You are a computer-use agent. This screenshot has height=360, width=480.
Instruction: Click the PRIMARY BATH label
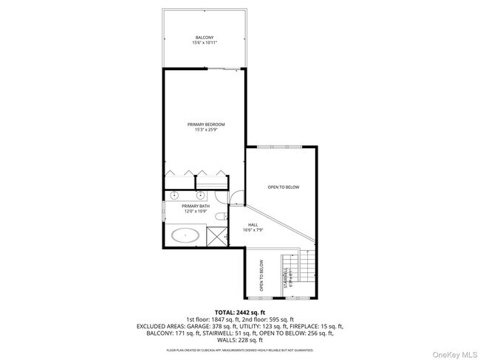[185, 207]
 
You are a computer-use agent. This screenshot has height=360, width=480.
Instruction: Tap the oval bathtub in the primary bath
[185, 237]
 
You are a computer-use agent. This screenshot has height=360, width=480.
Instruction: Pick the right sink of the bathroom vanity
[201, 196]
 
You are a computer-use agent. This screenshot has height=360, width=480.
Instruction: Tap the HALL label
[253, 224]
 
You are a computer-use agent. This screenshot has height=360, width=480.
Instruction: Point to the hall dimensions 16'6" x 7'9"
[253, 230]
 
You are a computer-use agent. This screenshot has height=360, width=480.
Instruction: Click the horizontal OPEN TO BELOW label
[284, 187]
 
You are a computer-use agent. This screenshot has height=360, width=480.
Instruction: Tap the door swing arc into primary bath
[236, 197]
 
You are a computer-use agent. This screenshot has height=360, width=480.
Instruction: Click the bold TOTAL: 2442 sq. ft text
[239, 313]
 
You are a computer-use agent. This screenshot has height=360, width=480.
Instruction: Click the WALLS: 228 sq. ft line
[239, 339]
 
